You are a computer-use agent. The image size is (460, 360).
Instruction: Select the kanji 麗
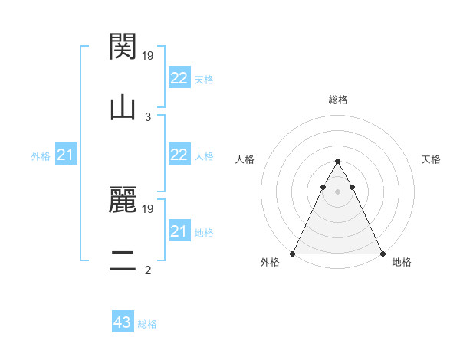tap(123, 201)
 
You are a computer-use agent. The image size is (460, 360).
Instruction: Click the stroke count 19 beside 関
tap(149, 55)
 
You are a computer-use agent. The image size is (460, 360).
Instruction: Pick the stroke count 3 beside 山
tap(148, 116)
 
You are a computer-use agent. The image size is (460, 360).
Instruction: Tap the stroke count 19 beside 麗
tap(149, 208)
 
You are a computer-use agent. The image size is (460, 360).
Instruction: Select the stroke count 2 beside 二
tap(148, 270)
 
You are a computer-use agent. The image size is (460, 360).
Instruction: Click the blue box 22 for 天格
tap(179, 78)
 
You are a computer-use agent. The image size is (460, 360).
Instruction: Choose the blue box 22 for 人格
tap(179, 155)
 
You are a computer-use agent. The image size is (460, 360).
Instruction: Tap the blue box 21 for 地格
tap(179, 231)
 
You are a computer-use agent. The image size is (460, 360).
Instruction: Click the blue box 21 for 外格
tap(66, 155)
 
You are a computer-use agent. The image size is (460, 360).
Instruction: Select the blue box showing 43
tap(123, 322)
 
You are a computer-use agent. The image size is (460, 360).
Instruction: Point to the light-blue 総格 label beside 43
tap(147, 324)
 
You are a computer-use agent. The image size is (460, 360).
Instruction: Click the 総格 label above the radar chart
tap(337, 100)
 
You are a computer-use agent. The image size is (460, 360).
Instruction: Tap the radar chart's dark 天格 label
tap(431, 159)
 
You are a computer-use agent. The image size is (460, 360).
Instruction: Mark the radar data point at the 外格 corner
tap(293, 254)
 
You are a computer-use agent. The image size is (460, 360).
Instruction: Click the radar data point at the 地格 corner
tap(383, 254)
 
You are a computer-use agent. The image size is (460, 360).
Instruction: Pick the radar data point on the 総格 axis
tap(337, 162)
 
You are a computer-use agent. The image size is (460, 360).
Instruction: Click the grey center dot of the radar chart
tap(337, 191)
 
